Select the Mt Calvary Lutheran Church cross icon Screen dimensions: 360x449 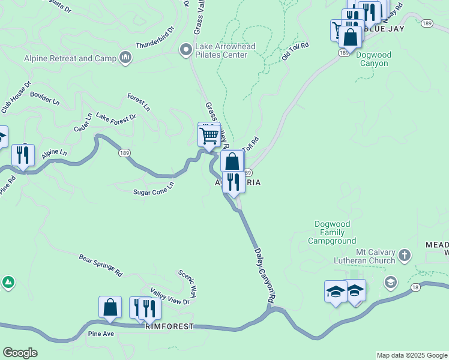point(405,256)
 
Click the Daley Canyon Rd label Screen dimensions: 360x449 point(265,275)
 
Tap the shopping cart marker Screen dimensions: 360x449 point(209,136)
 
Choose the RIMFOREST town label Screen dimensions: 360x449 point(169,326)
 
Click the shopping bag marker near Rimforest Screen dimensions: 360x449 point(110,308)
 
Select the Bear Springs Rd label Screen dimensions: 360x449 point(100,265)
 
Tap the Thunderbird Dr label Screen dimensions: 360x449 point(155,37)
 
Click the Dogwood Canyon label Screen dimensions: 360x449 point(374,59)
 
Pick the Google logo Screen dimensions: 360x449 point(20,353)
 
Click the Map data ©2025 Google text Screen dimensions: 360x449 point(412,355)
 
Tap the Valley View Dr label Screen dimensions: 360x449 point(170,298)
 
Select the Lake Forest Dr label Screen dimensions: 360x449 point(116,117)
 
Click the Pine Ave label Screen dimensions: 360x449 point(101,333)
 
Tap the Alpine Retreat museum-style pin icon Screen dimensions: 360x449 point(125,58)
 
